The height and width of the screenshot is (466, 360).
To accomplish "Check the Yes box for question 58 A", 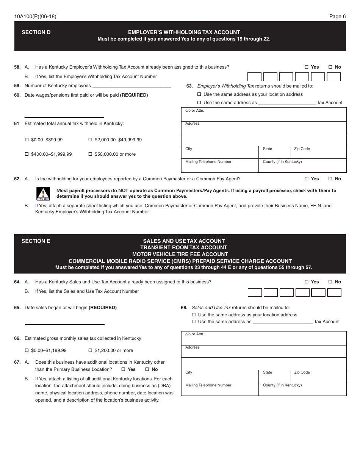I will pos(307,67).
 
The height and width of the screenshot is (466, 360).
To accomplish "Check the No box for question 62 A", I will pos(330,179).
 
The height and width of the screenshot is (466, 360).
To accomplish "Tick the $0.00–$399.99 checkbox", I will pos(27,140).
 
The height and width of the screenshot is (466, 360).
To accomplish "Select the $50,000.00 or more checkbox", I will pos(90,154).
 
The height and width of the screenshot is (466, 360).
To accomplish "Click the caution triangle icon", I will pos(43,194).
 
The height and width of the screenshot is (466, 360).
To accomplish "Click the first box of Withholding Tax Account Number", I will pos(254,77).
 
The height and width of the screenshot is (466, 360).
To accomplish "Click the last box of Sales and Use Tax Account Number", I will pos(334,292).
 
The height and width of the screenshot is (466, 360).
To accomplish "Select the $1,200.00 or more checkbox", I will pos(90,350).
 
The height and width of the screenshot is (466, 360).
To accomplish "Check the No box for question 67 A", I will pos(147,369).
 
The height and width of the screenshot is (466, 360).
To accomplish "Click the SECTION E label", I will pos(36,241).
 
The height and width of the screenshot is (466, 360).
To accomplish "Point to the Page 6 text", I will pos(337,16).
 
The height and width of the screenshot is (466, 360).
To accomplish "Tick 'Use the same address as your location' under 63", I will pos(199,94).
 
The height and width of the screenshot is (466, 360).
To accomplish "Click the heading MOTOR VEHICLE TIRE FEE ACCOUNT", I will pos(180,254).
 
